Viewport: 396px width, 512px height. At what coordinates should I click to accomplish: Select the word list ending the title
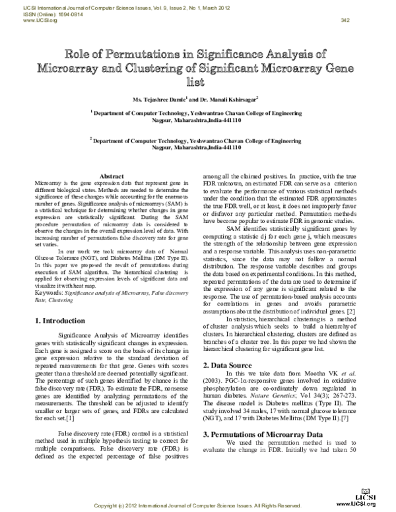pyautogui.click(x=198, y=82)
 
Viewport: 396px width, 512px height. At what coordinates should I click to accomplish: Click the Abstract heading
pyautogui.click(x=112, y=176)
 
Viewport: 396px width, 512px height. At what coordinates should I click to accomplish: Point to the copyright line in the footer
pyautogui.click(x=197, y=505)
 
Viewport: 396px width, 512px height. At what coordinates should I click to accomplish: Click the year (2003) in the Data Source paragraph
pyautogui.click(x=214, y=382)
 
